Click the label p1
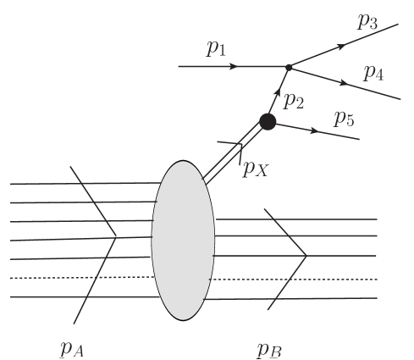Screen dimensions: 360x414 (x=216, y=50)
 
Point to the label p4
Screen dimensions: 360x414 (x=373, y=73)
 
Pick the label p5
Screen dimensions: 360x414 (x=343, y=118)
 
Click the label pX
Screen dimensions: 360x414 (x=256, y=169)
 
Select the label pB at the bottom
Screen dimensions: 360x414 (x=269, y=348)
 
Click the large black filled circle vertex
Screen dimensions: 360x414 (x=268, y=121)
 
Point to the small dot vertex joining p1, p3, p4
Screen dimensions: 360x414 (x=289, y=66)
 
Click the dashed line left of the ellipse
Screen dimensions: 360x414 (x=80, y=278)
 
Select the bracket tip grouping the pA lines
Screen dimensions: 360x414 (x=116, y=237)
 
